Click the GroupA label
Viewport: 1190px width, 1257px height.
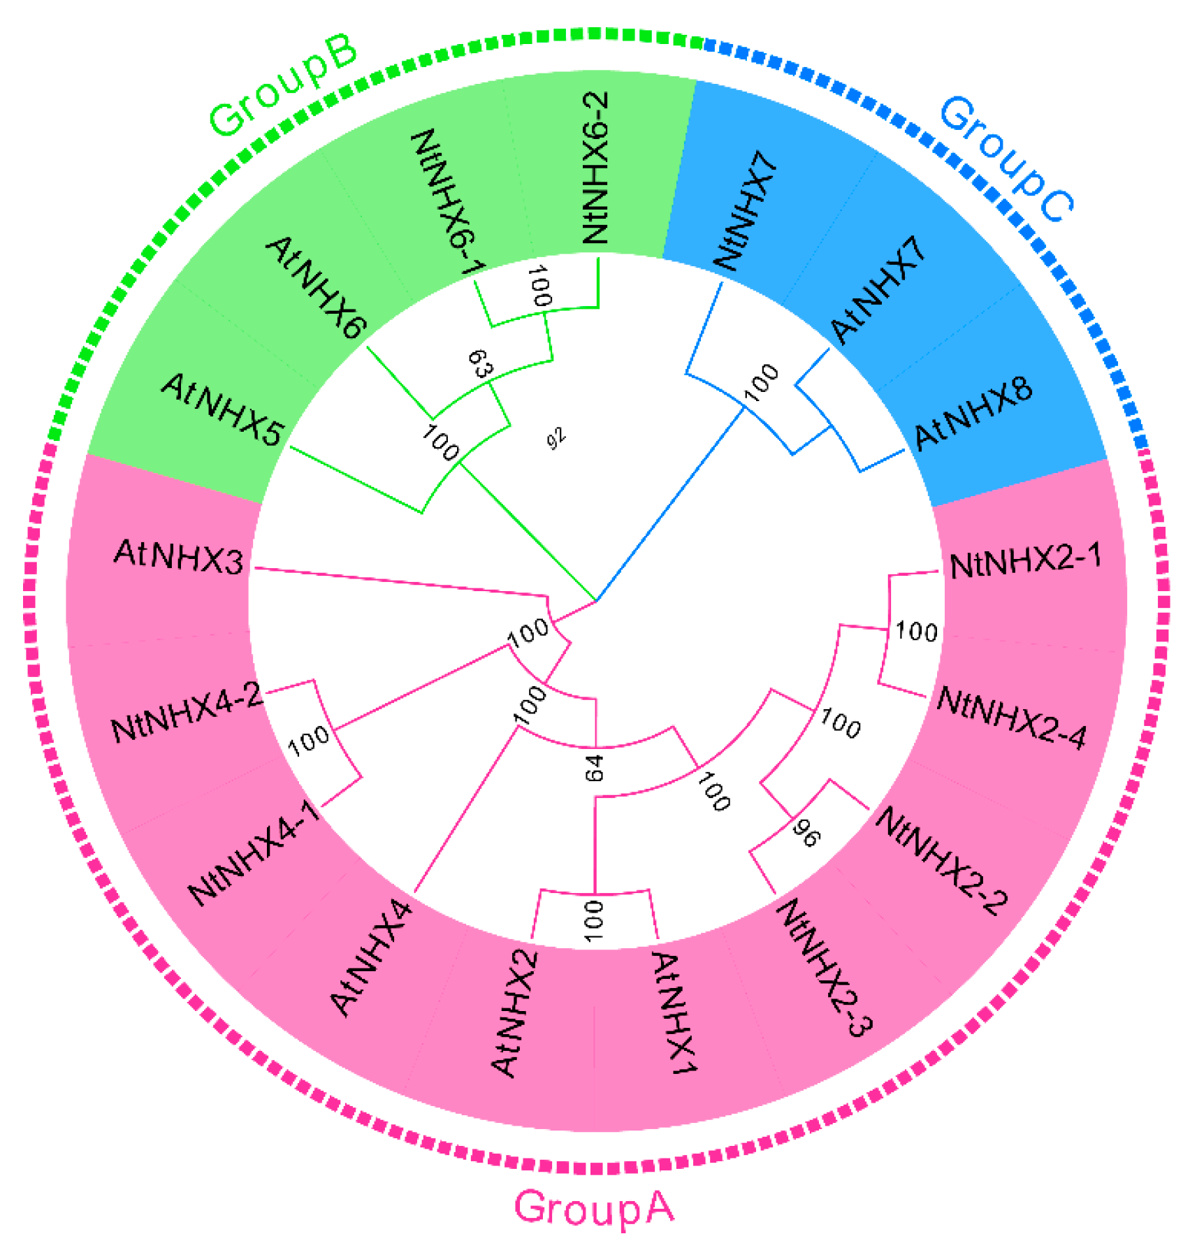(594, 1207)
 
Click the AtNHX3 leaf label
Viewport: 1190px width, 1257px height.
(179, 557)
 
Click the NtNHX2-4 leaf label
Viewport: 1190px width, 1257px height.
(1011, 718)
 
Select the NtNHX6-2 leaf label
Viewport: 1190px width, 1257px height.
(595, 168)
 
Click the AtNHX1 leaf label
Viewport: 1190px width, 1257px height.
(674, 1014)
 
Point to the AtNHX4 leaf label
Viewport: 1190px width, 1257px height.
(371, 957)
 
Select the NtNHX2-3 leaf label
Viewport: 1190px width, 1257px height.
(825, 968)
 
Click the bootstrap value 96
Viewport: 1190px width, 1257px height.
(806, 834)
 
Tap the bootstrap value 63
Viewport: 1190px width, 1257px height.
(478, 363)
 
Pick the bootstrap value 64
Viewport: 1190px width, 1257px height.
(595, 768)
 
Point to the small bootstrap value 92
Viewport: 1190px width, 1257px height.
(556, 439)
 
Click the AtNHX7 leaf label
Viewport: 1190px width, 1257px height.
(879, 290)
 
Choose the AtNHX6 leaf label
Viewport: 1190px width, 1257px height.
(315, 287)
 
